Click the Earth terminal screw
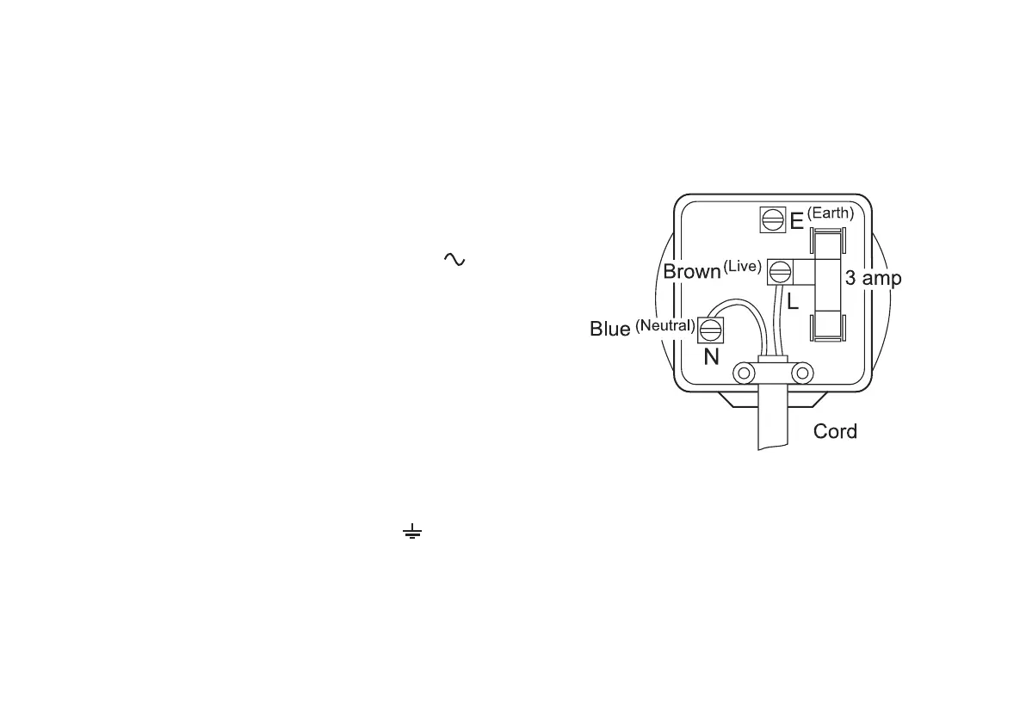tap(772, 219)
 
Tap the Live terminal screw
tap(780, 273)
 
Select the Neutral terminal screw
tap(711, 330)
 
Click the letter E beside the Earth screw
tap(796, 222)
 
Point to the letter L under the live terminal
tap(794, 302)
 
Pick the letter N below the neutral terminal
tap(712, 356)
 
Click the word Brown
tap(691, 272)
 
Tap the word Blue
tap(610, 329)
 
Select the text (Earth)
tap(830, 213)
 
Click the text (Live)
tap(742, 266)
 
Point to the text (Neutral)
tap(664, 325)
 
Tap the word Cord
tap(835, 431)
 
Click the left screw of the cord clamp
tap(742, 373)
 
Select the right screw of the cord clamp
tap(802, 373)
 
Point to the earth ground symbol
tap(412, 534)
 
